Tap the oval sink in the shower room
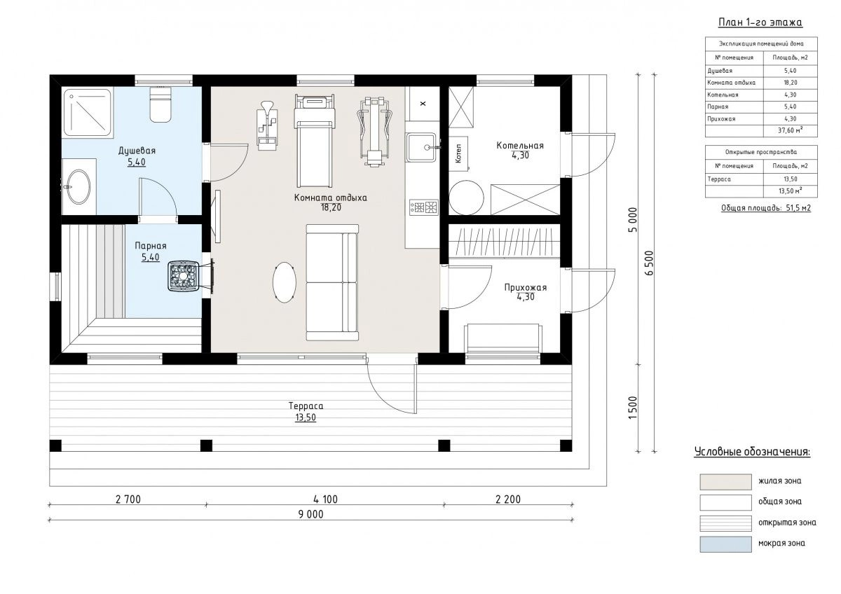78,186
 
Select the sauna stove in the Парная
183,276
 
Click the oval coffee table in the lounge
285,282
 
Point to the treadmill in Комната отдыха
315,141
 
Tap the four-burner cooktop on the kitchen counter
424,207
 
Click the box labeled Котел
458,153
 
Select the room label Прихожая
525,287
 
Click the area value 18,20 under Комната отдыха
331,207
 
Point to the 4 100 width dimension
325,499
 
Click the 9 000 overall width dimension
311,514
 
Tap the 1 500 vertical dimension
633,408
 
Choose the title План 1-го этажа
760,22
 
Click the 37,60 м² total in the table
791,130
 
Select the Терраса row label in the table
719,179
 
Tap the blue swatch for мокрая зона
725,544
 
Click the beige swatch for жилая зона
725,482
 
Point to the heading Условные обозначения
753,452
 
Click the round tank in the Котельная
466,198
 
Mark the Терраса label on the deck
306,406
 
